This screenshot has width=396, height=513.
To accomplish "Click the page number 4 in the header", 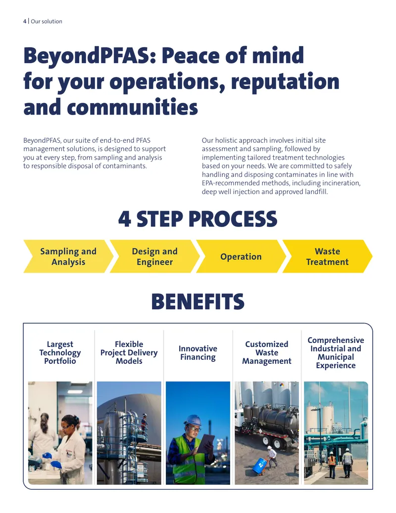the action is point(25,21).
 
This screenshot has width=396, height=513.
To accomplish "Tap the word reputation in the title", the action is point(285,81).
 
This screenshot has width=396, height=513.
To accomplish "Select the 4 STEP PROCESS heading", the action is point(198,219).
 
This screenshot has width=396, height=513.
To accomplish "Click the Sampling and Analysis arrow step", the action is point(68,257).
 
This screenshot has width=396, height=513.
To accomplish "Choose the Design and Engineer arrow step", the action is point(154,257).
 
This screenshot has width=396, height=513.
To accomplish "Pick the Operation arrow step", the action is point(241,257).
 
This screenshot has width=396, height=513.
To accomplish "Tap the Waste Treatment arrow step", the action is point(327,257).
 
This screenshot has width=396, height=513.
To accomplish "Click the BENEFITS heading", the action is point(198,301).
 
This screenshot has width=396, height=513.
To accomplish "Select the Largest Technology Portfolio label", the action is point(60,353).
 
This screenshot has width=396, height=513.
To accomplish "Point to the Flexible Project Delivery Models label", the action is point(129,353).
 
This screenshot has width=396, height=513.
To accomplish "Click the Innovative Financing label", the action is point(198,353).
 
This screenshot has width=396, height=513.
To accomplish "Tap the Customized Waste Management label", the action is point(267,353).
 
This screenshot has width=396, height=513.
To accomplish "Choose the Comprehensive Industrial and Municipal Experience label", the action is point(336,353).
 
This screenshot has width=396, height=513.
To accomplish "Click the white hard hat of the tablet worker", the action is point(193,420).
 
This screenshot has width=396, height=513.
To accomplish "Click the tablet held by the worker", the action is point(206,443).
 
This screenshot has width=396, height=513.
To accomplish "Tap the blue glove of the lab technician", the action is point(56,464).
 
